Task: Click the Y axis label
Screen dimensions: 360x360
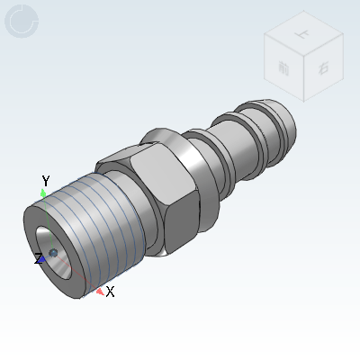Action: click(45, 182)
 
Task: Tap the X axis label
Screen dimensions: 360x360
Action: click(110, 292)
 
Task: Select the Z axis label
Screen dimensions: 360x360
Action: click(39, 259)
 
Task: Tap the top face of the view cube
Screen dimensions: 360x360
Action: click(301, 34)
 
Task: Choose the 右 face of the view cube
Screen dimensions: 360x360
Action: click(322, 67)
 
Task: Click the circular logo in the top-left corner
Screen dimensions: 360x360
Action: click(22, 22)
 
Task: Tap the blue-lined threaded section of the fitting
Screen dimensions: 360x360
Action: click(99, 234)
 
